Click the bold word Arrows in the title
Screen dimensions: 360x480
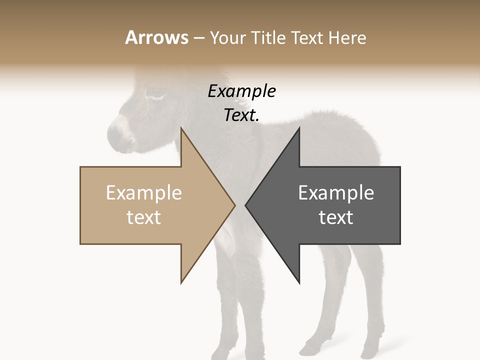tap(156, 37)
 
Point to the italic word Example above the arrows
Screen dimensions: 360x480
tap(241, 91)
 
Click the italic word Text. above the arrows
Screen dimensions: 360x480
tap(241, 115)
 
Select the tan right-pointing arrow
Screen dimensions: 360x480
tap(150, 205)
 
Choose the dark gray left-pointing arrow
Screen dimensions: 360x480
tap(330, 205)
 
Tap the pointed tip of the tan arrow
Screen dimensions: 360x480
tap(233, 205)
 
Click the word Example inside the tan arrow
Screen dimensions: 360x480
tap(144, 193)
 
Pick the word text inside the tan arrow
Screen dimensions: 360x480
tap(144, 217)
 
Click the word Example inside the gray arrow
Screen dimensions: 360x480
tap(336, 193)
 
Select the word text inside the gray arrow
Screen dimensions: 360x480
tap(336, 217)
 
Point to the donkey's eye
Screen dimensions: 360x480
tap(154, 92)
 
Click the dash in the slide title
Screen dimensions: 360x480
tap(198, 38)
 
